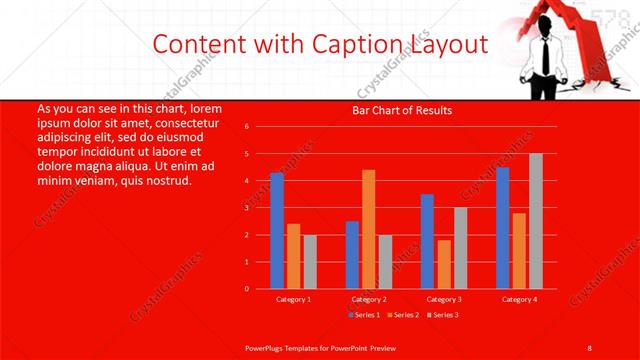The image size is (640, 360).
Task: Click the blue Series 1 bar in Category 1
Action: (277, 231)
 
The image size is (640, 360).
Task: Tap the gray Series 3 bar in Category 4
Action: (536, 221)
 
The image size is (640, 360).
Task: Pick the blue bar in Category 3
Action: (427, 241)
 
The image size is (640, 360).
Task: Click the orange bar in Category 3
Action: (444, 264)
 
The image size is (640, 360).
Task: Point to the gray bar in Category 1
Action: (310, 261)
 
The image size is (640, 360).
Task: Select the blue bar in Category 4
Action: (502, 228)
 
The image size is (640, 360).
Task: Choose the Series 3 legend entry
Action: (443, 315)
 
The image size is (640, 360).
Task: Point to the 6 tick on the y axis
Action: (247, 128)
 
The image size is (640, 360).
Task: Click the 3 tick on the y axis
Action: (247, 208)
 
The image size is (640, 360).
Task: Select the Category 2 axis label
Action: (369, 299)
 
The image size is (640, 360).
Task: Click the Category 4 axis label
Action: (519, 299)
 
